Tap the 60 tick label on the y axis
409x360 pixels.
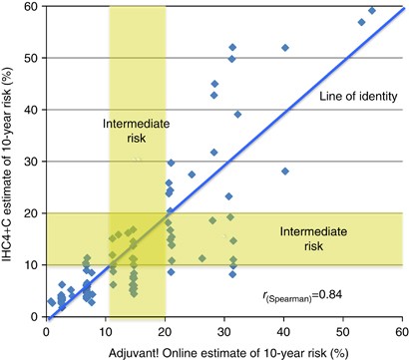click(x=32, y=6)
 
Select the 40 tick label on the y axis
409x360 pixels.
click(x=32, y=110)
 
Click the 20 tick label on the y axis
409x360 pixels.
click(x=32, y=213)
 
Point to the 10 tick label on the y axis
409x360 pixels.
click(x=32, y=265)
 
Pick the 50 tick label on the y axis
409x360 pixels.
click(x=32, y=58)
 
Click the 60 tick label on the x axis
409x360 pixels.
click(x=400, y=328)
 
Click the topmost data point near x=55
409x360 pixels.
click(x=372, y=11)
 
